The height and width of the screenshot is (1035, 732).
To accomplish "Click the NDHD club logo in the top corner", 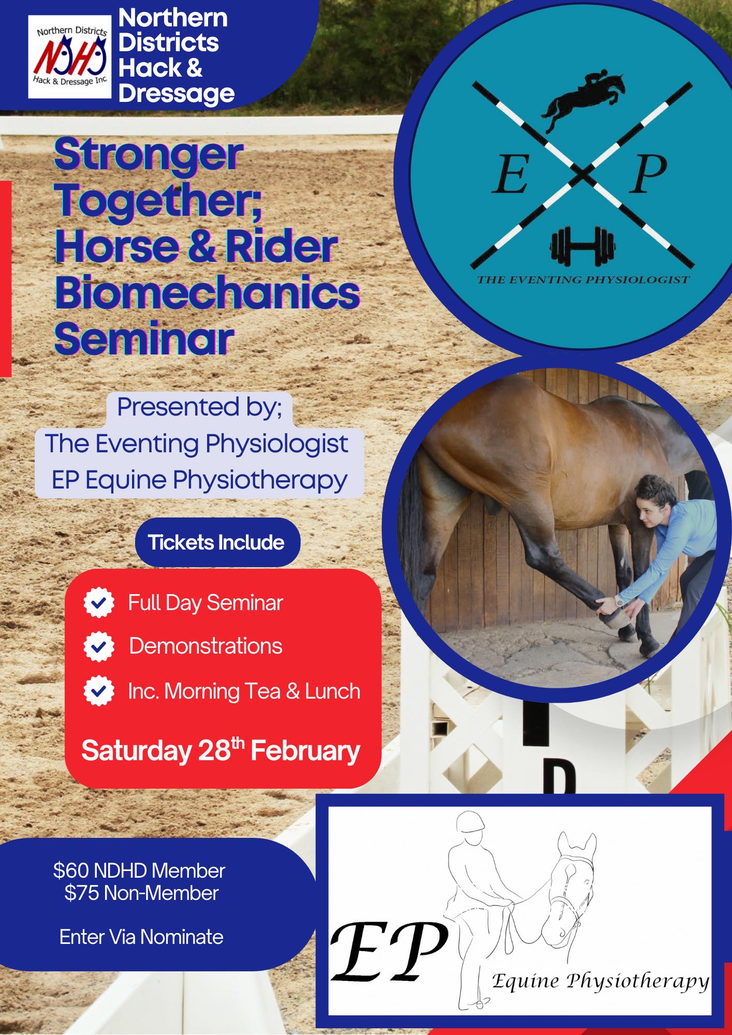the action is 70,57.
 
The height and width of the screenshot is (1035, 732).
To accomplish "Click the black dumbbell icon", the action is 583,246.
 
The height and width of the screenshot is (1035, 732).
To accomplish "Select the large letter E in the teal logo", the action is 509,174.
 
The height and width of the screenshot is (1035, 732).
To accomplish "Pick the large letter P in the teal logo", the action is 648,174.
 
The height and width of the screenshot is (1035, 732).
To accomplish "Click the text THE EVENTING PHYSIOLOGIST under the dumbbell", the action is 583,280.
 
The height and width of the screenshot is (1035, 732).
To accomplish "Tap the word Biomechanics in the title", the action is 207,292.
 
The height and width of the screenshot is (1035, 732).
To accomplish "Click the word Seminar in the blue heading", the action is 144,339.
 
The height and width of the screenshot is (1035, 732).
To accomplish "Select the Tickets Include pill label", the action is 217,542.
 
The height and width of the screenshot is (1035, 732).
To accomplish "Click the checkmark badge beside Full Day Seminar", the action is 99,603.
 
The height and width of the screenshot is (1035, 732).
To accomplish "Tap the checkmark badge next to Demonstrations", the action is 99,646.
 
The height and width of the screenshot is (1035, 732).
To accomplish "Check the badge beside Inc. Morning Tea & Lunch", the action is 99,691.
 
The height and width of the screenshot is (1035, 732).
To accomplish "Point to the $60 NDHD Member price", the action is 139,870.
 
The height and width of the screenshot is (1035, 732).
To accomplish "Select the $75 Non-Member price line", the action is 141,893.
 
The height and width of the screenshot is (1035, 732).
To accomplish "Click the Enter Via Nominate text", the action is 141,937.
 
